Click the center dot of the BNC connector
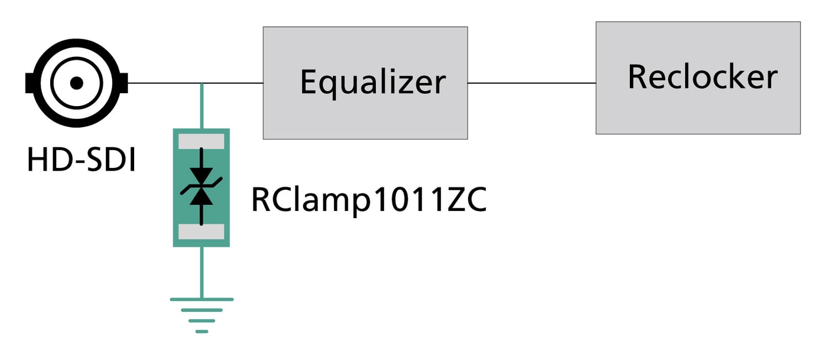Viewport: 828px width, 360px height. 77,83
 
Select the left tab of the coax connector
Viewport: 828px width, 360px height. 29,83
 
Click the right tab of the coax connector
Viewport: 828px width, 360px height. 124,83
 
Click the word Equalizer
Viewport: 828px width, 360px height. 373,83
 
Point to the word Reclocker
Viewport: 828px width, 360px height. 702,77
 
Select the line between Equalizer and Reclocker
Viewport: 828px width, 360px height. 531,83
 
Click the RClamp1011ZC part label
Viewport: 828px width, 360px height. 369,200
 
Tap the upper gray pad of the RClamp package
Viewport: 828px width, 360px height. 201,140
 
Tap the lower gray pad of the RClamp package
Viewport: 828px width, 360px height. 201,231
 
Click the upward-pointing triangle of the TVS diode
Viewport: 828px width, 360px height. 201,197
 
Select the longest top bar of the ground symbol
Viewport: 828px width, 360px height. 201,299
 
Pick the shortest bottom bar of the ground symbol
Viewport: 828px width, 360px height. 201,331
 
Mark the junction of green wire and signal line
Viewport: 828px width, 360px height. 201,83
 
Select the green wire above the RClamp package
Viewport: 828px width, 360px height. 201,106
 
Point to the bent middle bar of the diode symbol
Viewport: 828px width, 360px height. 201,185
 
